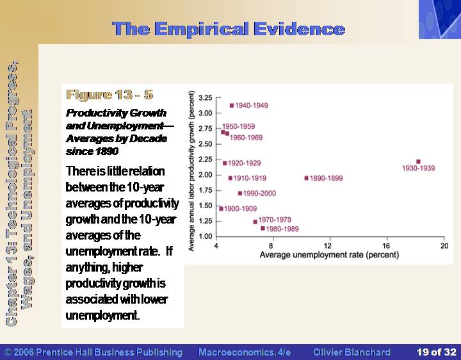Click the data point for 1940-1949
pos(232,106)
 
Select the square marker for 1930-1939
pos(418,161)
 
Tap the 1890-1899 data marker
pos(306,178)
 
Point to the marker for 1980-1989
pos(263,228)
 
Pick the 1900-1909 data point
pos(222,209)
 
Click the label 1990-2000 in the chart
pos(259,193)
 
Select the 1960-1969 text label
pos(246,137)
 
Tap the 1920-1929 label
pos(245,163)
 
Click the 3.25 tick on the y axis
pos(206,97)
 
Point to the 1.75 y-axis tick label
pos(206,190)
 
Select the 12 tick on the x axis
pos(328,245)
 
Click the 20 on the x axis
pos(444,245)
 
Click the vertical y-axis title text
pos(191,171)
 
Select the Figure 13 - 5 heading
pos(109,95)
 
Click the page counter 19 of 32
pos(436,352)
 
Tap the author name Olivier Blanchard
pos(352,352)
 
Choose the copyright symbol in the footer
pos(8,352)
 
